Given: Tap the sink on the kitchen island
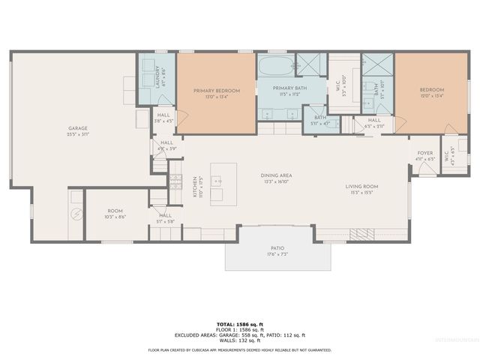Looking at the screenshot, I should click(217, 181).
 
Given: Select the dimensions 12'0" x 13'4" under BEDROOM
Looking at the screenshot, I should click(431, 96).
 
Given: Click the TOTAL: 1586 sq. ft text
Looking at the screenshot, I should click(239, 320).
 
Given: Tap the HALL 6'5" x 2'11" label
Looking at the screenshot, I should click(373, 122).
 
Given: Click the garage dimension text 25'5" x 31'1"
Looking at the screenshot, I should click(78, 134).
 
